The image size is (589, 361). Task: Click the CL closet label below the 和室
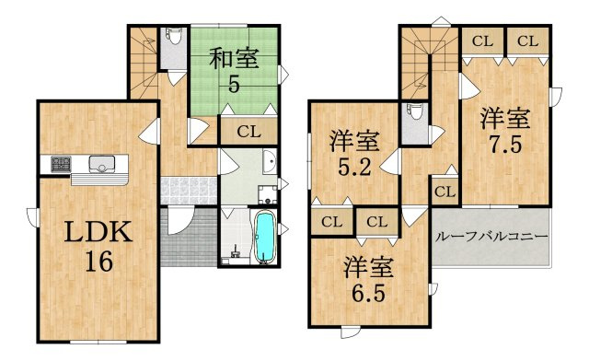coord(248,132)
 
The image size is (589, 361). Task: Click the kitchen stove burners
coord(61,165)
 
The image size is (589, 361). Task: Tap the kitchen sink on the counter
coord(100,166)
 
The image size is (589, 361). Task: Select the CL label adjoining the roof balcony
coord(445,192)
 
